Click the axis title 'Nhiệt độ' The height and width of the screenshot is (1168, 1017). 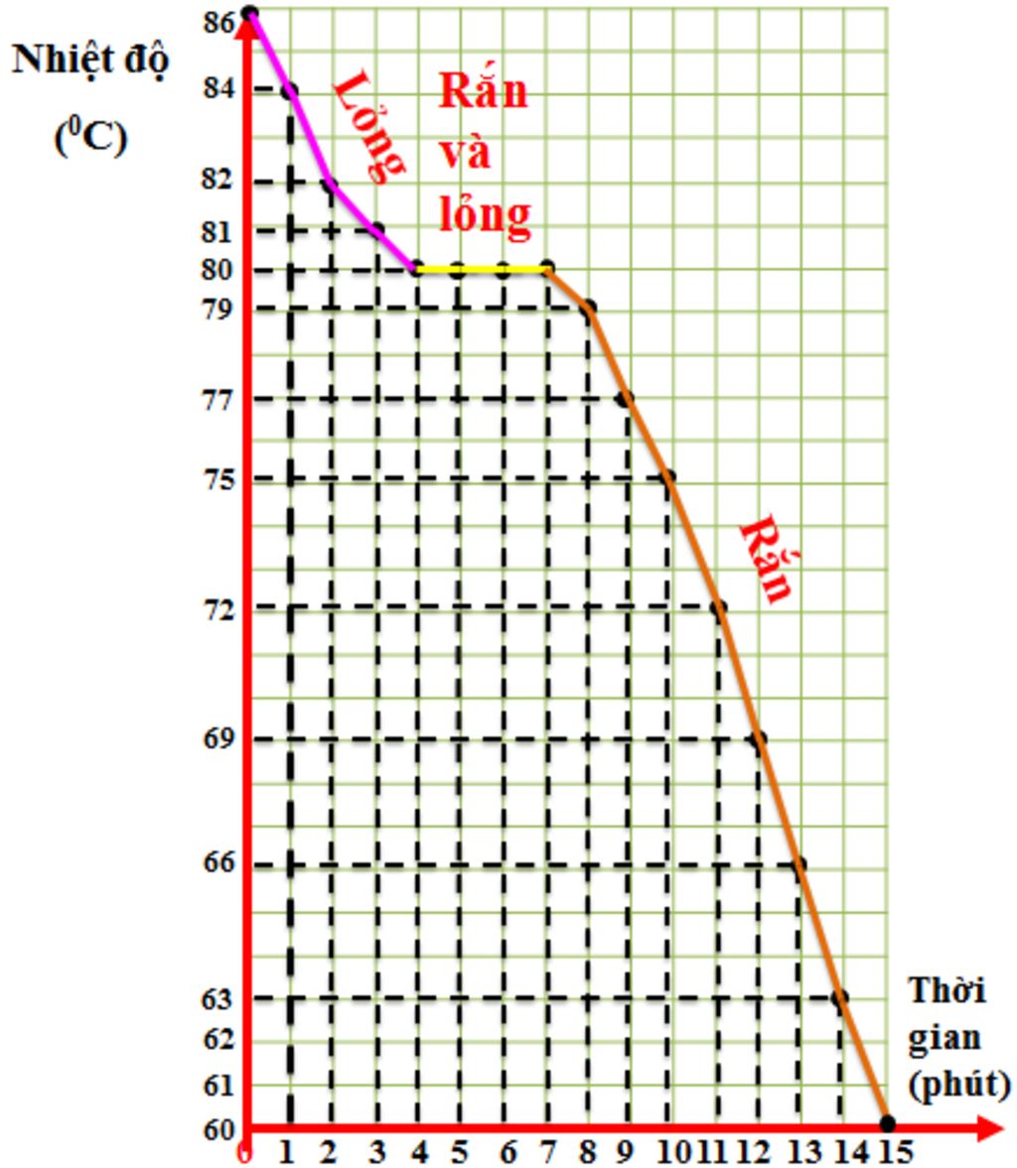91,61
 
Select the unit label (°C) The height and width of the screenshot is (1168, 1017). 90,137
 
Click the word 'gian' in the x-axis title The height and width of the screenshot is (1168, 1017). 944,1037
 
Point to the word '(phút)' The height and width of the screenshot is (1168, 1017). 959,1084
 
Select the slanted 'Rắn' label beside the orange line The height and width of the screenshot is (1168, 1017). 768,559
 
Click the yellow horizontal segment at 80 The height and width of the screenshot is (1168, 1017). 481,269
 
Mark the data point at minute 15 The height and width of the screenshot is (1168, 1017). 887,1123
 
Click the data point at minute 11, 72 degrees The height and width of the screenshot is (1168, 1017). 719,607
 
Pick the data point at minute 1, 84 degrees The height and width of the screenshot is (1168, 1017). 289,90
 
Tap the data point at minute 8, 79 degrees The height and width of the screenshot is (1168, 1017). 589,308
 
